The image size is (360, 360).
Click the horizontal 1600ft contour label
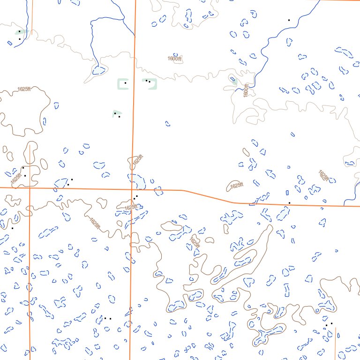pyautogui.click(x=174, y=59)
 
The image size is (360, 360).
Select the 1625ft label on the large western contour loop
pyautogui.click(x=24, y=89)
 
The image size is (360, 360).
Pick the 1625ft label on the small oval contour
pyautogui.click(x=237, y=186)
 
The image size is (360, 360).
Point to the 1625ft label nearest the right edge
pyautogui.click(x=323, y=175)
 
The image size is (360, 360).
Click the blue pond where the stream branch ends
pyautogui.click(x=99, y=70)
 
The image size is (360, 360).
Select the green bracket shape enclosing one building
pyautogui.click(x=122, y=83)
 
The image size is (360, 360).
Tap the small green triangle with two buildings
pyautogui.click(x=117, y=113)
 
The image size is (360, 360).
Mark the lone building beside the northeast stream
pyautogui.click(x=289, y=20)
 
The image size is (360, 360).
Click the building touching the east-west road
pyautogui.click(x=289, y=202)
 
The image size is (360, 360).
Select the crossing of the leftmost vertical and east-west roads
pyautogui.click(x=30, y=187)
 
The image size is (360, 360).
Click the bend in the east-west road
pyautogui.click(x=182, y=190)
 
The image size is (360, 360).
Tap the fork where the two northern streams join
pyautogui.click(x=123, y=19)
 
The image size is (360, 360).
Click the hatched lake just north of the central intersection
pyautogui.click(x=137, y=180)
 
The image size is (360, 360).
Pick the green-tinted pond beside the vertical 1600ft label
pyautogui.click(x=233, y=80)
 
